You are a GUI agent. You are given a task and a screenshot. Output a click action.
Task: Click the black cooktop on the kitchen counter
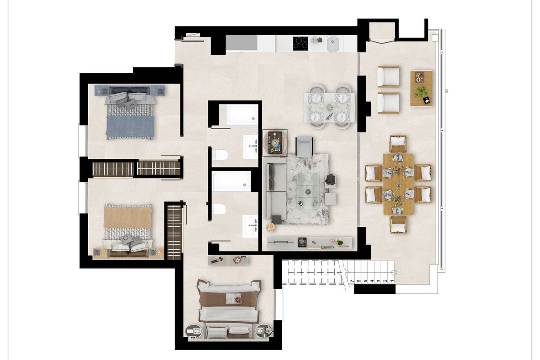click(x=301, y=43)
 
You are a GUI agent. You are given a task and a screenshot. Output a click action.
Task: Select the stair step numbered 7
click(x=352, y=281)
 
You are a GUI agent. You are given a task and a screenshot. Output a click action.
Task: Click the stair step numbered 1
click(x=392, y=281)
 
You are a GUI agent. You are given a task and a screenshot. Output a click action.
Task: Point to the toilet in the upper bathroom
click(x=221, y=155)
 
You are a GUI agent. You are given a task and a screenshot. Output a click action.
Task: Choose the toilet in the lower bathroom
click(x=220, y=209)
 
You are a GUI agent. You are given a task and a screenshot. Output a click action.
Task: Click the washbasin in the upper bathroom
click(x=251, y=147)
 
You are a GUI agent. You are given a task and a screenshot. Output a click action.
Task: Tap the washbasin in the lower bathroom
click(x=250, y=226)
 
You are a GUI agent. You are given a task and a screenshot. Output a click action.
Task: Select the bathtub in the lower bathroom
click(x=231, y=181)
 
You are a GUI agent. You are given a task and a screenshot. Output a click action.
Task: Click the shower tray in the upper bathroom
click(x=242, y=115)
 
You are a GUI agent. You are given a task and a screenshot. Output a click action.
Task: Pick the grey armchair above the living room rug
click(x=304, y=146)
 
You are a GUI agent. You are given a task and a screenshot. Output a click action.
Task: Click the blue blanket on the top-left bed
click(x=130, y=127)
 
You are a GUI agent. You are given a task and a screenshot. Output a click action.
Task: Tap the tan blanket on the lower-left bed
click(x=128, y=217)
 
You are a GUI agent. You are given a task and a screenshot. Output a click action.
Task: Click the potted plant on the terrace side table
click(x=420, y=92)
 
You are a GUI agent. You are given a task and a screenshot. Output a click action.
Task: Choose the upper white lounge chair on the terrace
click(x=388, y=76)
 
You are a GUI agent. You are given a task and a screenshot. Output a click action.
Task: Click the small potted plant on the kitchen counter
click(x=319, y=40)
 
